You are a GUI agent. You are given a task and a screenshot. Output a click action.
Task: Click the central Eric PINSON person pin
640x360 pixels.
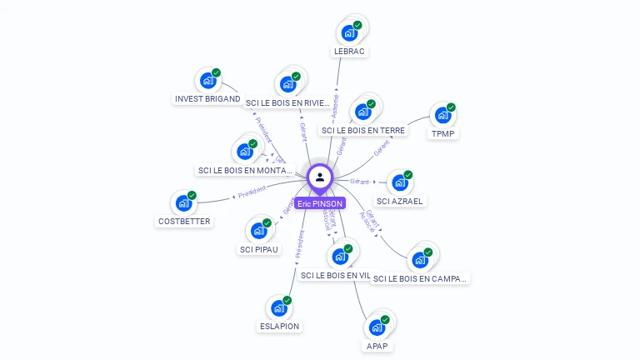tap(320, 177)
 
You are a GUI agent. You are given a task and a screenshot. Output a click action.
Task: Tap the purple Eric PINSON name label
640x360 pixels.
tap(320, 203)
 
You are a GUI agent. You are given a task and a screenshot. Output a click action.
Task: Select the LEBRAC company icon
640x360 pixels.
tap(348, 33)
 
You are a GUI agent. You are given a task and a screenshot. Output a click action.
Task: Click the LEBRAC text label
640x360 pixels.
tap(350, 51)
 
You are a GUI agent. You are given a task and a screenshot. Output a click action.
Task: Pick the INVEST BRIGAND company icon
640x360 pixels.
tap(207, 81)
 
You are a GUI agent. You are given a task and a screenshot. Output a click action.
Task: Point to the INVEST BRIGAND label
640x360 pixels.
tap(207, 98)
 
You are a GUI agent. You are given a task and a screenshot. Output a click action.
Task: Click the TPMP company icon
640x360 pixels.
tap(442, 115)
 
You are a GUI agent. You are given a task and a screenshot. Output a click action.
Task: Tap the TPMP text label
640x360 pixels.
tap(444, 133)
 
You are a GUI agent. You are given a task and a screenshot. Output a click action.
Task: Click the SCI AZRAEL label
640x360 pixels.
tap(400, 201)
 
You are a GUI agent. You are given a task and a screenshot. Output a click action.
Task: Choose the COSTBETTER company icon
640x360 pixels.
tap(182, 203)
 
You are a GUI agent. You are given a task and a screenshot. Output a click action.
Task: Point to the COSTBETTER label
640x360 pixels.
tap(184, 222)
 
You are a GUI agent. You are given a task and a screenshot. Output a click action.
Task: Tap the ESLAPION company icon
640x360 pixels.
tap(278, 308)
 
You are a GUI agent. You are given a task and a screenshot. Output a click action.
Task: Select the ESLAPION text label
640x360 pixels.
tap(280, 326)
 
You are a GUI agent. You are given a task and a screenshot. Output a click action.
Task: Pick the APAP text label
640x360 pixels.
tap(377, 346)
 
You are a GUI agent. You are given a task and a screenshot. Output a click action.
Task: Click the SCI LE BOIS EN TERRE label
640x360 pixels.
tap(363, 130)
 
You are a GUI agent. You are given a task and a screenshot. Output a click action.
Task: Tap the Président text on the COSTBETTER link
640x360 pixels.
tap(252, 192)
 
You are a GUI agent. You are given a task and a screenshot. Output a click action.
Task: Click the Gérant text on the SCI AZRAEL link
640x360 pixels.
tap(360, 181)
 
